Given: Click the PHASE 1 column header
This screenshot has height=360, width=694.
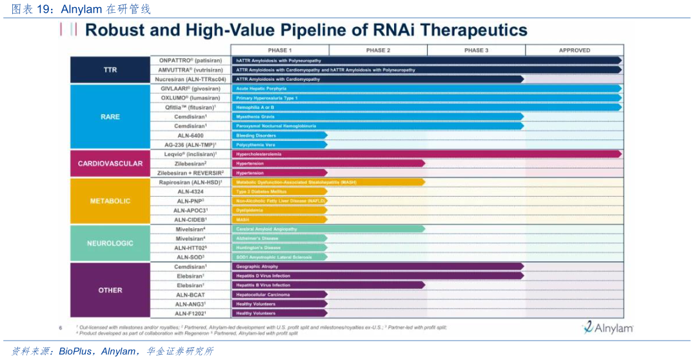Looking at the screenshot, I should coord(280,50).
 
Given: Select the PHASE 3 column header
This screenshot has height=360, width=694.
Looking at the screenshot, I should coord(476,50).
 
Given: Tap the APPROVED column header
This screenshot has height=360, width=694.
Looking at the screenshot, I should coord(574,50).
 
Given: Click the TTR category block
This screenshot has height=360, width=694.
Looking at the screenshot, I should coord(110,70).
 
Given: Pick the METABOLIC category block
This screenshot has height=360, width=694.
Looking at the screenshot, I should coord(110,201).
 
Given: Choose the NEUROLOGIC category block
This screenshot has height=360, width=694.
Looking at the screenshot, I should coord(110,243).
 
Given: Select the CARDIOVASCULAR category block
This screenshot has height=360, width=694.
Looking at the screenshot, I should coord(110,163).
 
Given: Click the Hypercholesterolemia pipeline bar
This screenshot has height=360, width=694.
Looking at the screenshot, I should coord(426,154).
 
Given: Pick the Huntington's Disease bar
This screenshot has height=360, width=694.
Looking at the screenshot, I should coord(279,248).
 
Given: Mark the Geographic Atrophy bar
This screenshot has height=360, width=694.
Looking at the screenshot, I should coord(377,266).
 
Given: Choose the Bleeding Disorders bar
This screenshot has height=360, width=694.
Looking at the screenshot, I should coord(279,135).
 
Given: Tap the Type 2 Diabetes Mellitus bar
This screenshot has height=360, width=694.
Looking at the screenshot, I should coord(279,192).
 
